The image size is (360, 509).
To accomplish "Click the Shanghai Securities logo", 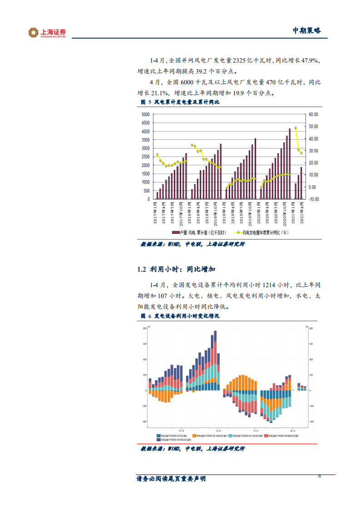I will click(47, 33).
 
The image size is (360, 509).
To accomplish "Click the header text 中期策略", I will click(306, 30).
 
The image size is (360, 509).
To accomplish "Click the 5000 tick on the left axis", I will click(145, 114).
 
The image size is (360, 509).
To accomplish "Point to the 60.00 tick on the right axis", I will click(313, 114).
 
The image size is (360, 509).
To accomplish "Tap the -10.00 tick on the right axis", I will click(313, 199).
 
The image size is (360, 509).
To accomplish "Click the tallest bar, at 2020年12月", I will click(290, 163).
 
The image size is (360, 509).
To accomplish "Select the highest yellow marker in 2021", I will click(296, 128).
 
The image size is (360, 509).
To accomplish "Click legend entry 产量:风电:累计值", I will click(200, 233).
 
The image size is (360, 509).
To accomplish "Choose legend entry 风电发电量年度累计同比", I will click(263, 233).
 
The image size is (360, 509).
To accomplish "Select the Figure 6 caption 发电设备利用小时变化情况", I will click(187, 316).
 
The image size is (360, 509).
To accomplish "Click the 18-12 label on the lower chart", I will click(218, 430).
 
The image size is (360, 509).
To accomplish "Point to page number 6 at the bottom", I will click(320, 476).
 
